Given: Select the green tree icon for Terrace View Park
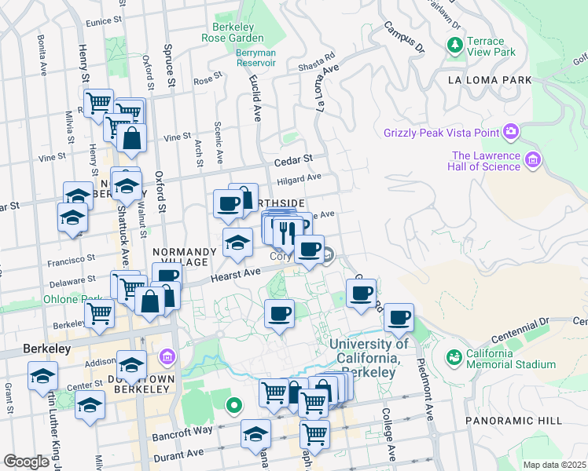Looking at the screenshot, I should click(455, 46).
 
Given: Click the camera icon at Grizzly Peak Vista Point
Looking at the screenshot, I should click(511, 131).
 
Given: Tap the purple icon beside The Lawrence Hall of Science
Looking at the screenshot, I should click(533, 160).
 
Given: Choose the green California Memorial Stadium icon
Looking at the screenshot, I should click(453, 358).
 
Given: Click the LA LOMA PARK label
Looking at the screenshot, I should click(489, 80).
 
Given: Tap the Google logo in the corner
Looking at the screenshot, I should click(27, 462).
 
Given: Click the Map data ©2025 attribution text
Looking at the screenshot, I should click(554, 465).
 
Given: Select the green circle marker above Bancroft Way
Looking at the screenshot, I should click(233, 406).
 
